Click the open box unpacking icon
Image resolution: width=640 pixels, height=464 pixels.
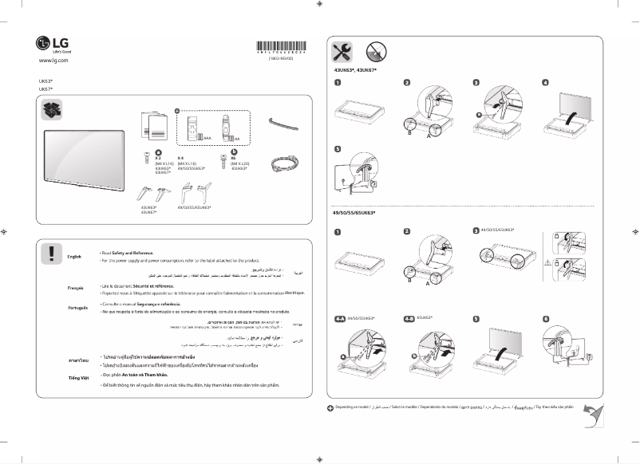coord(52,108)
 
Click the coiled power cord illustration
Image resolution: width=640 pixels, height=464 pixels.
coord(284,163)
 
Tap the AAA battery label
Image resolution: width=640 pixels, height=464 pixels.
coord(207,138)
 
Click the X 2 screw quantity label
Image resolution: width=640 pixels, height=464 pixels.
coord(158,158)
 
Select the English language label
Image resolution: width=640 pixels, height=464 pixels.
coord(75,256)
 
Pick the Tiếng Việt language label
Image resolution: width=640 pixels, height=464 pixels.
coord(77,376)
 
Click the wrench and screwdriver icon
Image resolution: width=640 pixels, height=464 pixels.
coord(342,53)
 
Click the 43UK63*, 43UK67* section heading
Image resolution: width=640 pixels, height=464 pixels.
coord(354,71)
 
